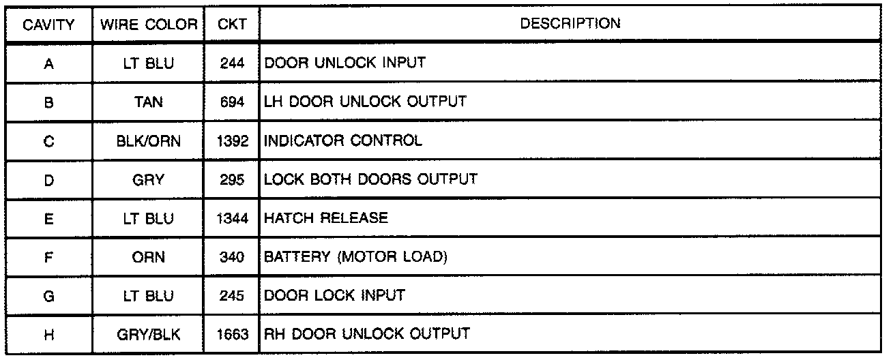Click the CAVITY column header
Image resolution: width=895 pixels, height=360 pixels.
click(x=48, y=25)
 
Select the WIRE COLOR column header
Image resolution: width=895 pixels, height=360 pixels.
click(x=149, y=25)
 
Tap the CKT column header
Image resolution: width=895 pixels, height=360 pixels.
click(x=228, y=25)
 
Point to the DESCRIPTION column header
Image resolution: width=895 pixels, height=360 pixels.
click(x=570, y=24)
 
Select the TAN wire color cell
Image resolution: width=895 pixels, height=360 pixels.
click(x=149, y=102)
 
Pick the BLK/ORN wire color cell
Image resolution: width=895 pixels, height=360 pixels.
click(x=149, y=141)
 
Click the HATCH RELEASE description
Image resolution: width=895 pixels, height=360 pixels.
click(x=326, y=218)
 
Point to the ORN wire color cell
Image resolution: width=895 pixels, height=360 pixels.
click(x=149, y=257)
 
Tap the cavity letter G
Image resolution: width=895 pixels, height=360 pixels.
click(x=48, y=296)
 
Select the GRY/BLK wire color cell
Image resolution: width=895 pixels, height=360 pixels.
click(x=149, y=334)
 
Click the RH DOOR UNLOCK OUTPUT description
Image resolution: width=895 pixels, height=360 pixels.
click(x=367, y=334)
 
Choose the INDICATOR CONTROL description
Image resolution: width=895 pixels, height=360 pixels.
click(x=343, y=141)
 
